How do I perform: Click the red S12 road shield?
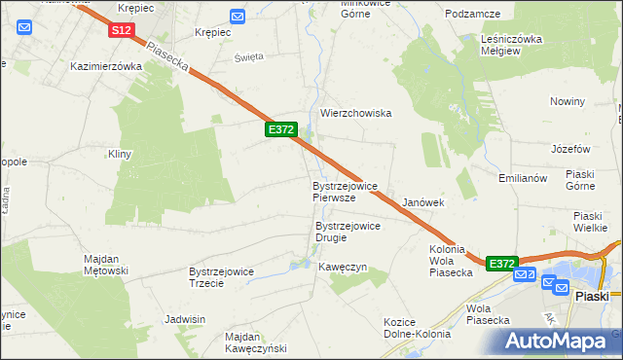(x=121, y=31)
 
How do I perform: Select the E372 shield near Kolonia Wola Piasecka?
(x=501, y=264)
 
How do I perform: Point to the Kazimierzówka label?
(x=107, y=67)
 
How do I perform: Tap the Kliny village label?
(x=120, y=154)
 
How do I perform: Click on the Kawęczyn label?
(x=342, y=267)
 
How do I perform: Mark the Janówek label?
(x=423, y=202)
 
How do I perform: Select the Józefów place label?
(x=570, y=149)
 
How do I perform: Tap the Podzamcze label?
(x=472, y=14)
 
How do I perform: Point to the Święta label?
(x=249, y=56)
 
